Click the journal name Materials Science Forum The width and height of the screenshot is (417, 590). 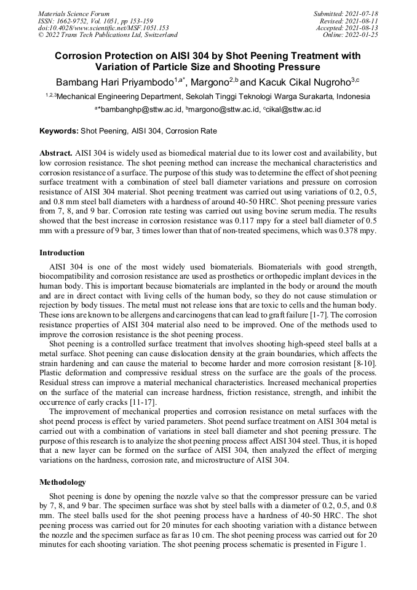point(74,14)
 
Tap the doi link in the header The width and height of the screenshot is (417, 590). point(103,28)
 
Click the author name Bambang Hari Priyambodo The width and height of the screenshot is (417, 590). point(114,82)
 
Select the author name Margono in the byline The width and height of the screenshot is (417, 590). point(209,82)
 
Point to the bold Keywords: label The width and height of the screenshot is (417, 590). point(59,131)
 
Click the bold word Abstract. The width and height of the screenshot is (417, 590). point(55,152)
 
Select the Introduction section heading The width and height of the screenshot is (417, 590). point(62,253)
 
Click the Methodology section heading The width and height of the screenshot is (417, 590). point(63,482)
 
